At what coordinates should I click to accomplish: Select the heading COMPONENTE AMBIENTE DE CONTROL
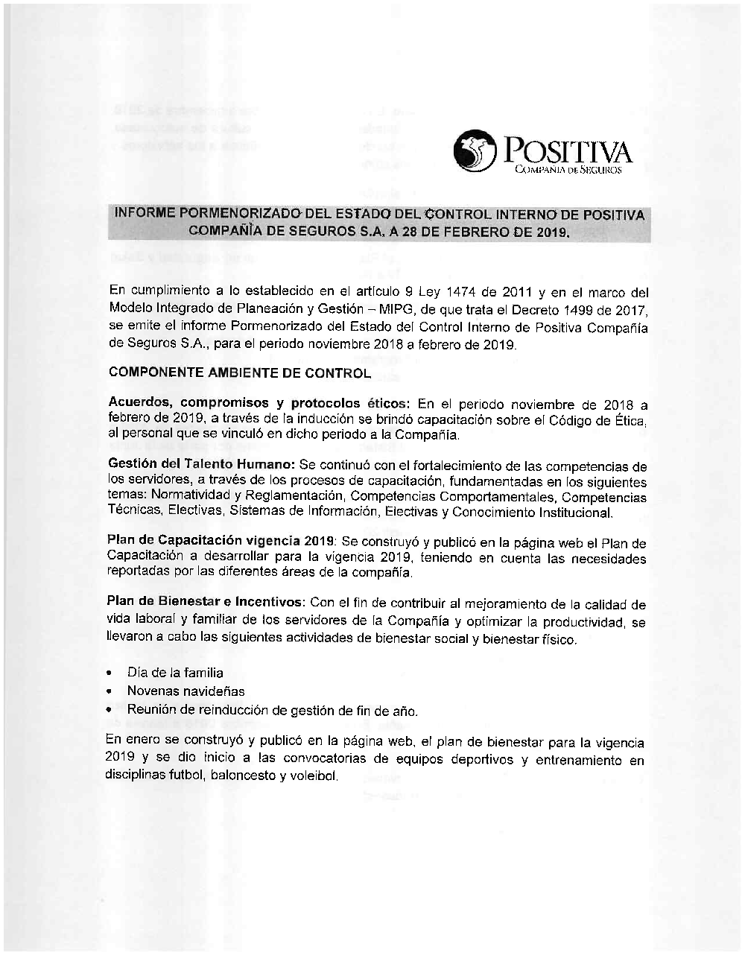(x=239, y=372)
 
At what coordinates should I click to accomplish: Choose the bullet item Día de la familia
(x=175, y=673)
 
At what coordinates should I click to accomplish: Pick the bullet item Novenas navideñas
(x=186, y=691)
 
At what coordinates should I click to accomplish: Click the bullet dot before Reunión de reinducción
(x=110, y=711)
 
